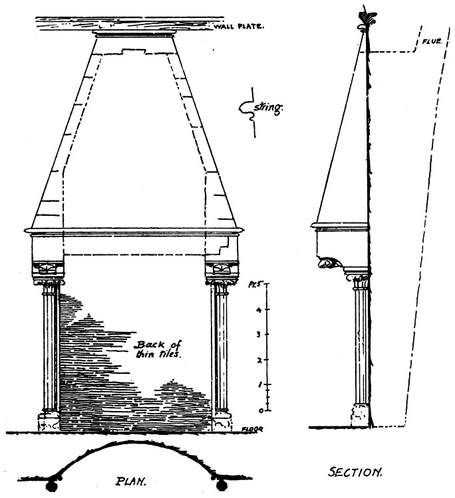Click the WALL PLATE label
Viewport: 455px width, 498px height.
[239, 27]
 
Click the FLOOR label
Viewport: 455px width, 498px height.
[253, 429]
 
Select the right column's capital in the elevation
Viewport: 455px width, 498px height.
[220, 286]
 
